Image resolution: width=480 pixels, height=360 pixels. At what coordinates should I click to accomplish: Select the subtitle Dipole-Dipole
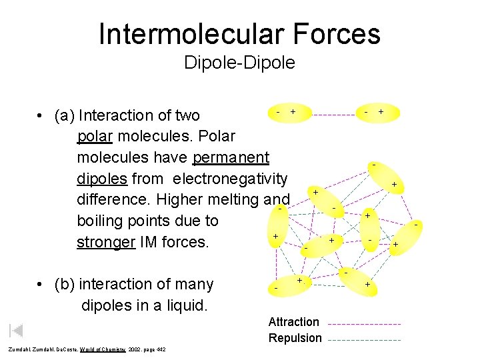pyautogui.click(x=239, y=63)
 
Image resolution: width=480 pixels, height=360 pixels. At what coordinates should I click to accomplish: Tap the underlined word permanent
pyautogui.click(x=231, y=157)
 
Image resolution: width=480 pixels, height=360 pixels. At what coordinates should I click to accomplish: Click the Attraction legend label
pyautogui.click(x=294, y=322)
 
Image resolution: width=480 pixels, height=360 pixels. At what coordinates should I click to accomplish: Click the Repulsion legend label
pyautogui.click(x=295, y=338)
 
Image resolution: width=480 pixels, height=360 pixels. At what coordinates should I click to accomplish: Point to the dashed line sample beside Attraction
pyautogui.click(x=364, y=323)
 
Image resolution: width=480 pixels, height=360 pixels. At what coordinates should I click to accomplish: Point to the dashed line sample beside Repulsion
pyautogui.click(x=364, y=339)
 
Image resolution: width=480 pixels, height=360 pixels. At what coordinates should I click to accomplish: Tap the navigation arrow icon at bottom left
pyautogui.click(x=17, y=330)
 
